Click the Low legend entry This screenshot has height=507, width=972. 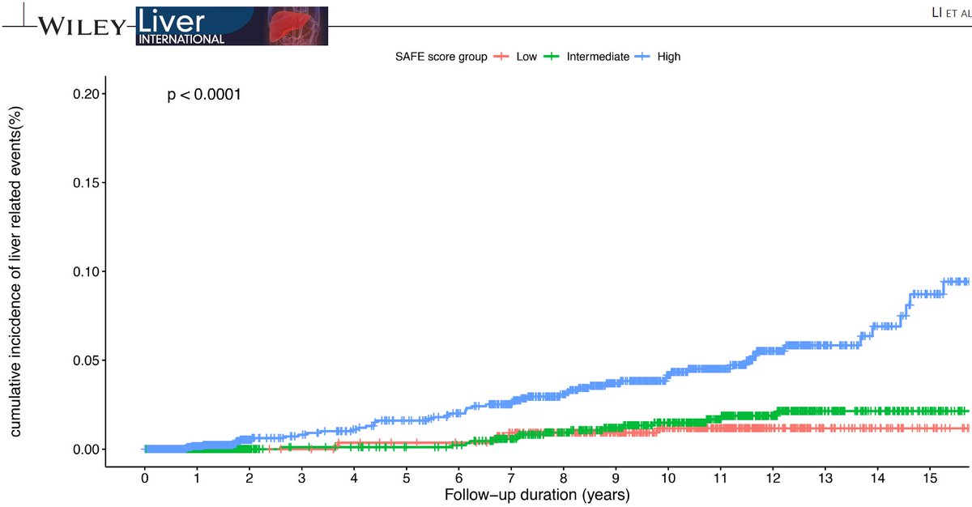point(526,57)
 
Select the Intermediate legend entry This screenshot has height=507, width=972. point(598,57)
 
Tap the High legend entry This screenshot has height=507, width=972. point(669,57)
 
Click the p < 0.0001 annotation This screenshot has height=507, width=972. point(204,96)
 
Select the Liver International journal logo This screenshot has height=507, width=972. point(232,26)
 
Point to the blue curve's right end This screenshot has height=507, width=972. point(967,281)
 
